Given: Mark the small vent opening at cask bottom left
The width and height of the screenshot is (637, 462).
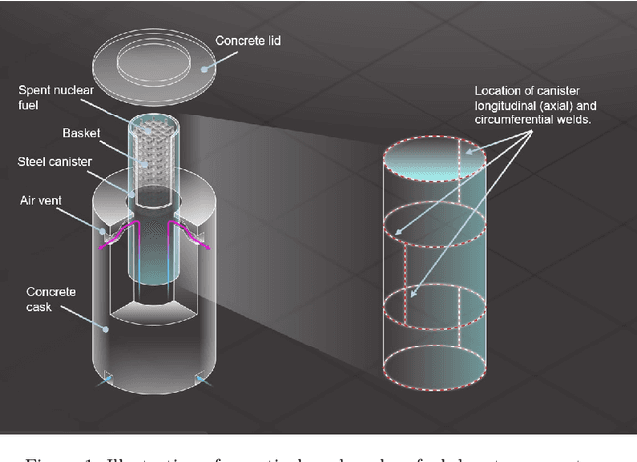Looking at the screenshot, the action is point(107,380).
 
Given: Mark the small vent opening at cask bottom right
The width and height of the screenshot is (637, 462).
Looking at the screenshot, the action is point(200,379).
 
